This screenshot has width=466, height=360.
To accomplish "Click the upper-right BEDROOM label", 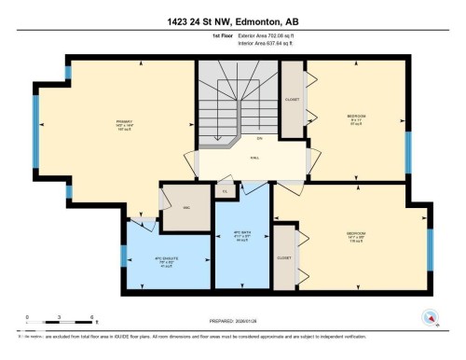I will tap(356, 117).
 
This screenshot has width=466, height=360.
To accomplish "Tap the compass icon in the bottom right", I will tap(430, 316).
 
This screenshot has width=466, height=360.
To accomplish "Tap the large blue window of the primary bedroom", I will tap(36, 124).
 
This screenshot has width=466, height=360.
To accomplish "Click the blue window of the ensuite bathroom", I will tap(123, 256).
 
